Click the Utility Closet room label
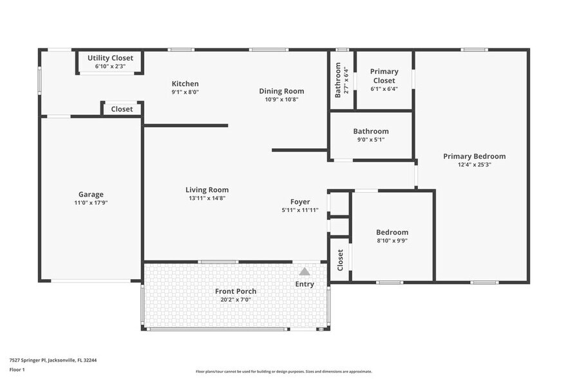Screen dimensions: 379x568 point(110,58)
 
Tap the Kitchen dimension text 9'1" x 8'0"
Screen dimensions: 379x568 point(185,92)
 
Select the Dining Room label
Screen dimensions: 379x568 point(281,91)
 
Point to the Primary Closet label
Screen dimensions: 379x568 point(384,76)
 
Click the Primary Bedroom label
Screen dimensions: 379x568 point(474,156)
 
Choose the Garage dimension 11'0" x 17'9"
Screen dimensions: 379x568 point(91,203)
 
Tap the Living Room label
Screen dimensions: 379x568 point(207,189)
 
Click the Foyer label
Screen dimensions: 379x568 point(300,202)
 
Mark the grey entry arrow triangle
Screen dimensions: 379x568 point(305,271)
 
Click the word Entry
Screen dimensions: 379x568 point(305,284)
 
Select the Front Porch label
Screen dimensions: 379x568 point(235,291)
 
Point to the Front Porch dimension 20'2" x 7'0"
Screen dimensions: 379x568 point(235,300)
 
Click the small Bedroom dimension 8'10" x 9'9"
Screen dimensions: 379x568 point(392,240)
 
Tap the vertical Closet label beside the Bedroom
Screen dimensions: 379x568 point(340,260)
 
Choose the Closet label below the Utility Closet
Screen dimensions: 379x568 point(122,109)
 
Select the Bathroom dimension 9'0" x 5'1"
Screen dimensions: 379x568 point(371,139)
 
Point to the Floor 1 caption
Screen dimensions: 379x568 point(17,370)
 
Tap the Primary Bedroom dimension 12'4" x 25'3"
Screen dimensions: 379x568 point(474,164)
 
